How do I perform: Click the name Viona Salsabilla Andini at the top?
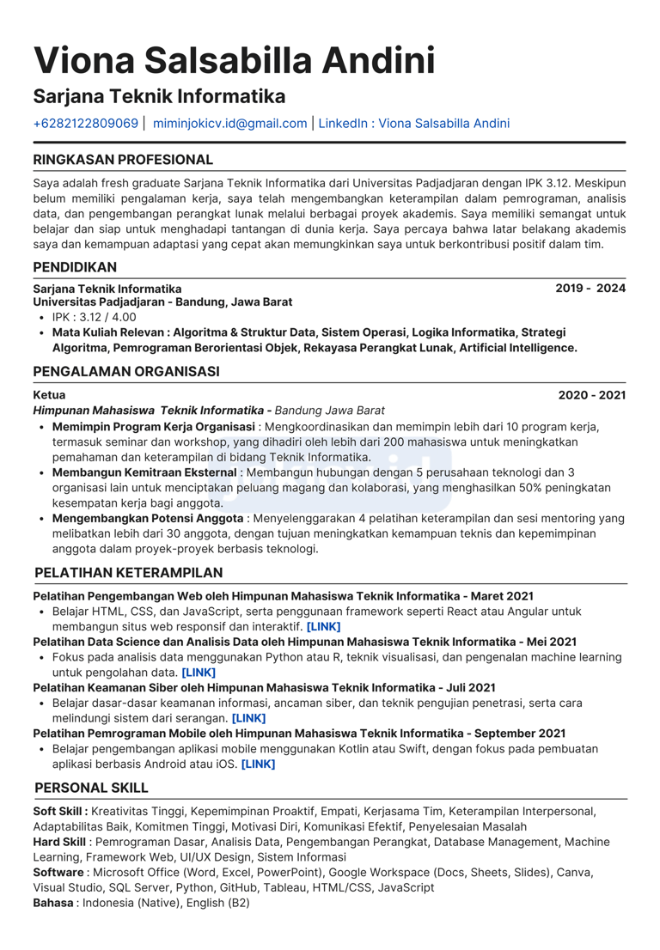coord(234,60)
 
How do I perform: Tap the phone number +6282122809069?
coord(85,124)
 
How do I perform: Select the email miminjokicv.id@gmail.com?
coord(229,124)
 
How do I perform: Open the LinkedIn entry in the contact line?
coord(413,124)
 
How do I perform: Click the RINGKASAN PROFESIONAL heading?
coord(123,160)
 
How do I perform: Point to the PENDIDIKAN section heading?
coord(75,268)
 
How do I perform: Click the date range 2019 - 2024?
coord(590,289)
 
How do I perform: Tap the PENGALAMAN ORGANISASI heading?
coord(126,372)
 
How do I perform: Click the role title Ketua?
coord(49,395)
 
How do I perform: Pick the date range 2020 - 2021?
coord(591,395)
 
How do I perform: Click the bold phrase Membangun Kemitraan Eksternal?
coord(144,472)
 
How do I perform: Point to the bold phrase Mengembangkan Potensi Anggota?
coord(148,519)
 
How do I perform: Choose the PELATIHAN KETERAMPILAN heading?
coord(128,573)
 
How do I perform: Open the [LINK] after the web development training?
coord(323,627)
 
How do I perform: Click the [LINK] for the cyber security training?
coord(249,718)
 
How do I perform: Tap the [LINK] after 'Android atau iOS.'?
coord(258,764)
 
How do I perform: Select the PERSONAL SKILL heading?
coord(91,788)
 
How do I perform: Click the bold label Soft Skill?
coord(58,811)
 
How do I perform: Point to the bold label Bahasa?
coord(53,904)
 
